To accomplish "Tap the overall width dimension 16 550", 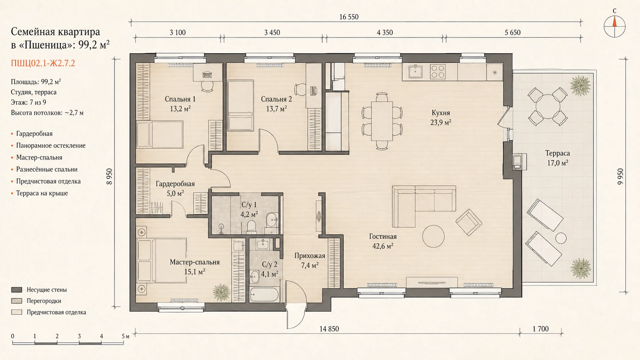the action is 349,17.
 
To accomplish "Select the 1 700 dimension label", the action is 540,329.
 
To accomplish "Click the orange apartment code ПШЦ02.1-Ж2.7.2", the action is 43,63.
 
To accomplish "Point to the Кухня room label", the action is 441,113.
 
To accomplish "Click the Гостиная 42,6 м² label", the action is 383,241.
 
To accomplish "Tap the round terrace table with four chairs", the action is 547,107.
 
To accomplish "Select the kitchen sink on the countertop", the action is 415,72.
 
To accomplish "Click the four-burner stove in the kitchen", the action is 438,72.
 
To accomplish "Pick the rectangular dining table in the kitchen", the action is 382,121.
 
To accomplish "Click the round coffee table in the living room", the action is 433,236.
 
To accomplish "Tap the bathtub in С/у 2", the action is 264,294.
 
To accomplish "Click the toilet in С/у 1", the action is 251,226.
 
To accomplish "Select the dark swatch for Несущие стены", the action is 16,290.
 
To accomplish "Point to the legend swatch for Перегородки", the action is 16,301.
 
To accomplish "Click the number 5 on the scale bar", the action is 123,336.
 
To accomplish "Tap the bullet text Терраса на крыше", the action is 42,193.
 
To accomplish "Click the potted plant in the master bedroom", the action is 221,292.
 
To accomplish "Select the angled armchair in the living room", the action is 469,222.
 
